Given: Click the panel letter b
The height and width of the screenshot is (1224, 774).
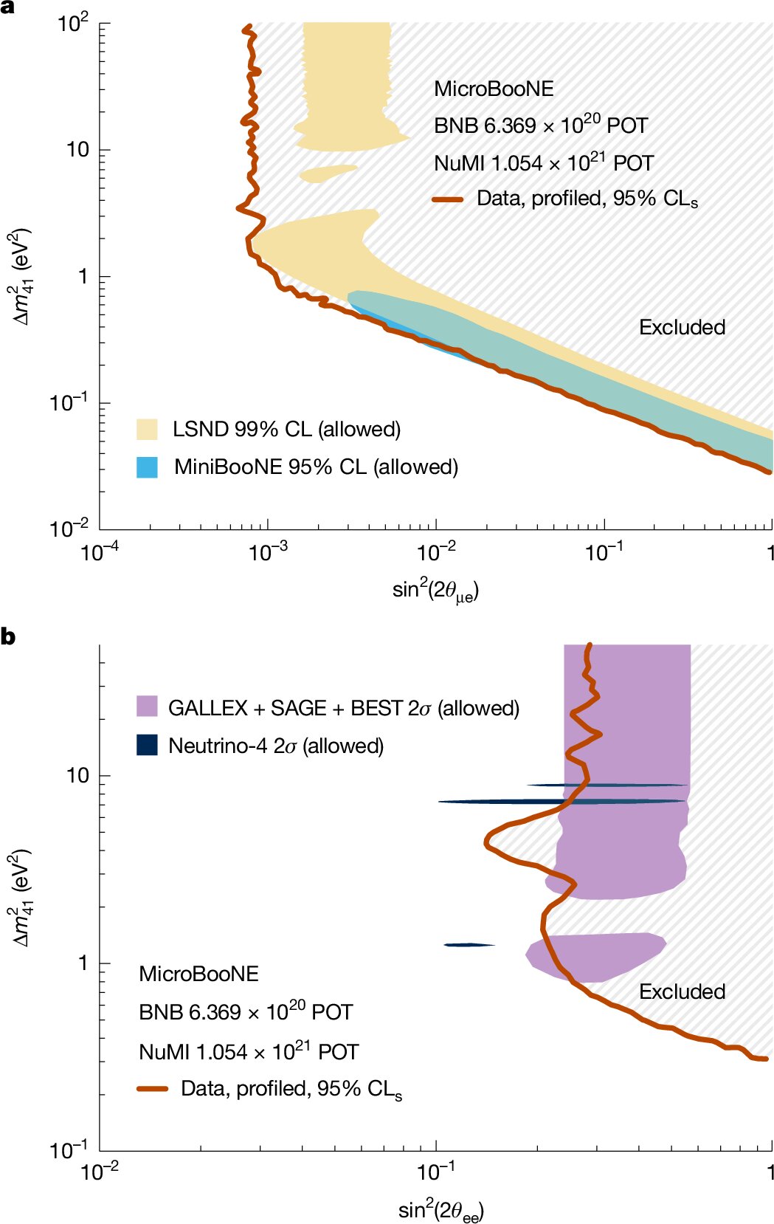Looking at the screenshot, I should click(x=8, y=636).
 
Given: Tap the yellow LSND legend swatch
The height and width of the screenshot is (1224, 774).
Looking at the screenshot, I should click(x=147, y=430).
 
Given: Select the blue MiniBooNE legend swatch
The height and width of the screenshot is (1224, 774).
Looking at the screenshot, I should click(x=147, y=467).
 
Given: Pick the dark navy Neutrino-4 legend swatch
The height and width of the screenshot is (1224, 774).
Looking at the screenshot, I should click(x=147, y=744).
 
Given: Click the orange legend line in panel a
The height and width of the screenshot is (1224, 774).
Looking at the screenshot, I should click(x=447, y=199).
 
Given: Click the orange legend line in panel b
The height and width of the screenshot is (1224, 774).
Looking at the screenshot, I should click(x=153, y=1089).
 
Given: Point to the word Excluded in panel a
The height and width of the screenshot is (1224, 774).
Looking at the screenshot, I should click(x=682, y=327).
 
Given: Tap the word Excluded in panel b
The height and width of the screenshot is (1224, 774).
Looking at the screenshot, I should click(x=682, y=991).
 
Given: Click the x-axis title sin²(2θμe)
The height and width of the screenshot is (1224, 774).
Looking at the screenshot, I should click(x=435, y=591).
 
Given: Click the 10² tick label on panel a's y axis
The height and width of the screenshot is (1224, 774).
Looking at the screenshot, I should click(x=73, y=24).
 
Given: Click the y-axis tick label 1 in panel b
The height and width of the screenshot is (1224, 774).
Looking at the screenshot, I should click(x=83, y=963).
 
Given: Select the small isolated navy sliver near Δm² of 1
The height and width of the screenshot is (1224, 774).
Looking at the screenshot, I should click(x=468, y=945).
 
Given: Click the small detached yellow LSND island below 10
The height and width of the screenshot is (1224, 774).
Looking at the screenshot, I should click(x=328, y=173).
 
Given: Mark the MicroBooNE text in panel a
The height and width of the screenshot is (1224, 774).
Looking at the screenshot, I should click(x=494, y=89).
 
